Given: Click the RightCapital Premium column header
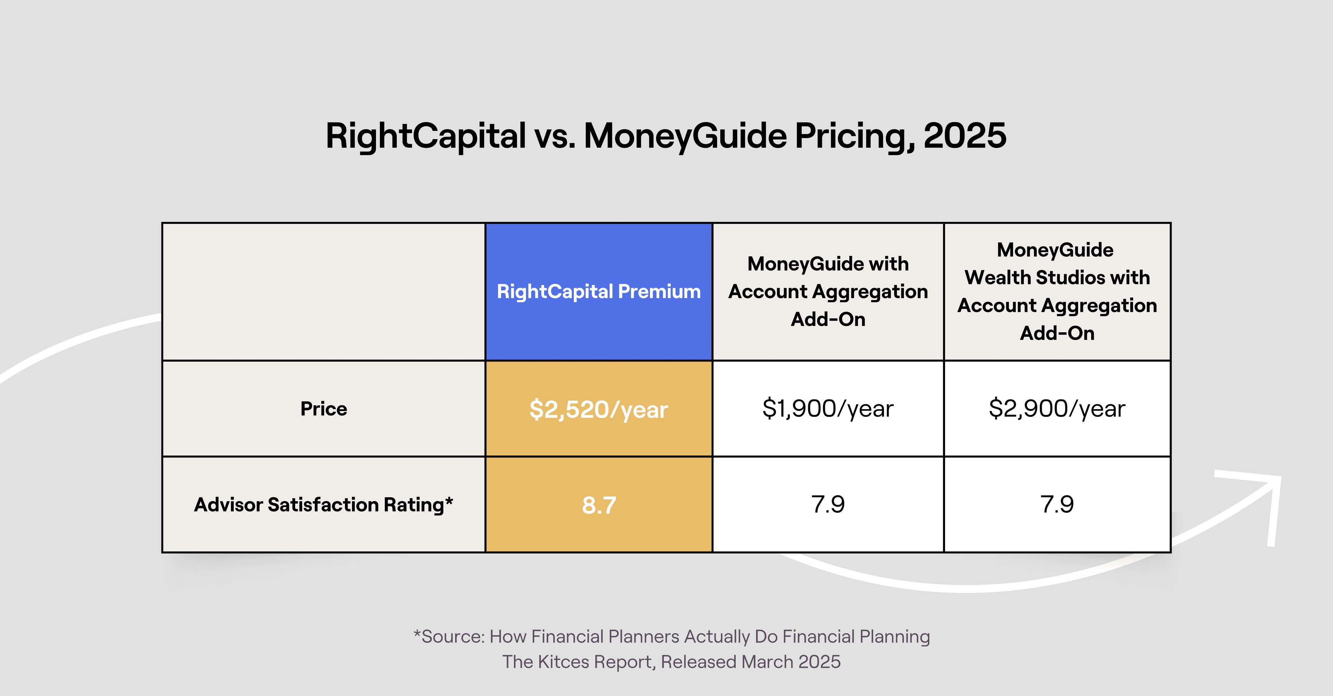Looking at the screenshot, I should click(599, 292).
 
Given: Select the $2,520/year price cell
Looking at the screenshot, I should click(599, 409).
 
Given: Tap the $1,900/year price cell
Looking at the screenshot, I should click(828, 409).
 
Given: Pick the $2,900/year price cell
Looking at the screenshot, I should click(1057, 409).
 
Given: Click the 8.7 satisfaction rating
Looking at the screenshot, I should click(599, 505).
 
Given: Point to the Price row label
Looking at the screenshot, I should click(323, 409).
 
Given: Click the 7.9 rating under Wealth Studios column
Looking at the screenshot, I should click(1057, 505).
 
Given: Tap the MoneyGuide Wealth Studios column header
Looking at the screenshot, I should click(1057, 292).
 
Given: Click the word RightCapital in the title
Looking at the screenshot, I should click(425, 136).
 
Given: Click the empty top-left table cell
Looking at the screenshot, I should click(323, 292).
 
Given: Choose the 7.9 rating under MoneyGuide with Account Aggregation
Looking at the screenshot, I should click(828, 505).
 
